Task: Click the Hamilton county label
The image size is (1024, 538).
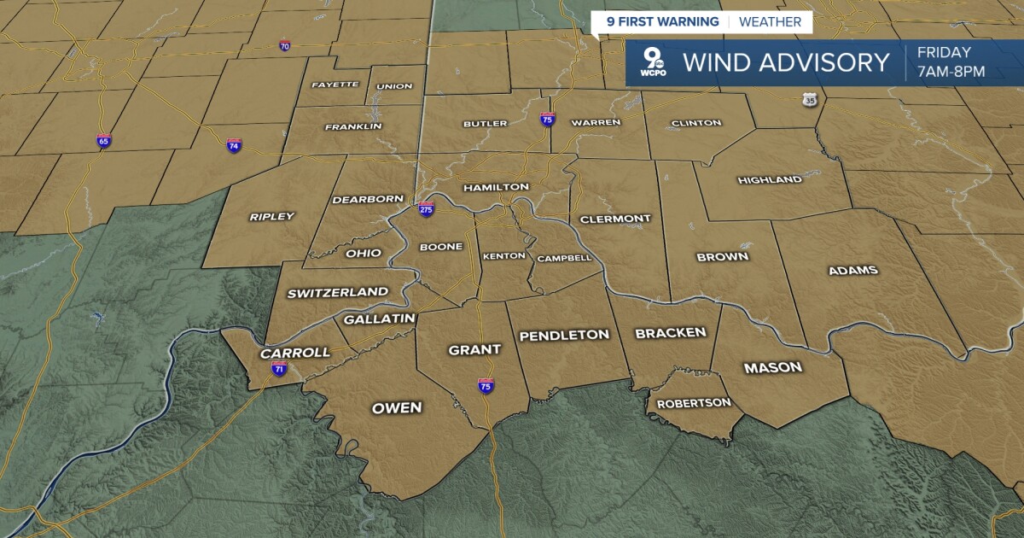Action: (x=496, y=187)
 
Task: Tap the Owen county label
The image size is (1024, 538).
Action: (x=397, y=408)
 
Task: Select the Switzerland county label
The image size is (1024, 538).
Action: (x=338, y=293)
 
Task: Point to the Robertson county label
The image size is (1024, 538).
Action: (x=694, y=403)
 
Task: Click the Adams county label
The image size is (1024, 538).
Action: (x=852, y=271)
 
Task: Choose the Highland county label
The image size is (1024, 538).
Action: (x=770, y=180)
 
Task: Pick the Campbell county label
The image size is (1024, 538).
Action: (x=564, y=258)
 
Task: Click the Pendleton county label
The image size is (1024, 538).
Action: (x=565, y=335)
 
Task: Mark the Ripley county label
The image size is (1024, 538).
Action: (x=271, y=217)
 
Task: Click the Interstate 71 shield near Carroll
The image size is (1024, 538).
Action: (x=279, y=368)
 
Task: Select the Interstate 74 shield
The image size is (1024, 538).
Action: (x=234, y=146)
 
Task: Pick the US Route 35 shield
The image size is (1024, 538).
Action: (x=809, y=100)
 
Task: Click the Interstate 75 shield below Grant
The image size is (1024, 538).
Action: (x=486, y=386)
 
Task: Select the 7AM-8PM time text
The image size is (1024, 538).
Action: (x=951, y=72)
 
